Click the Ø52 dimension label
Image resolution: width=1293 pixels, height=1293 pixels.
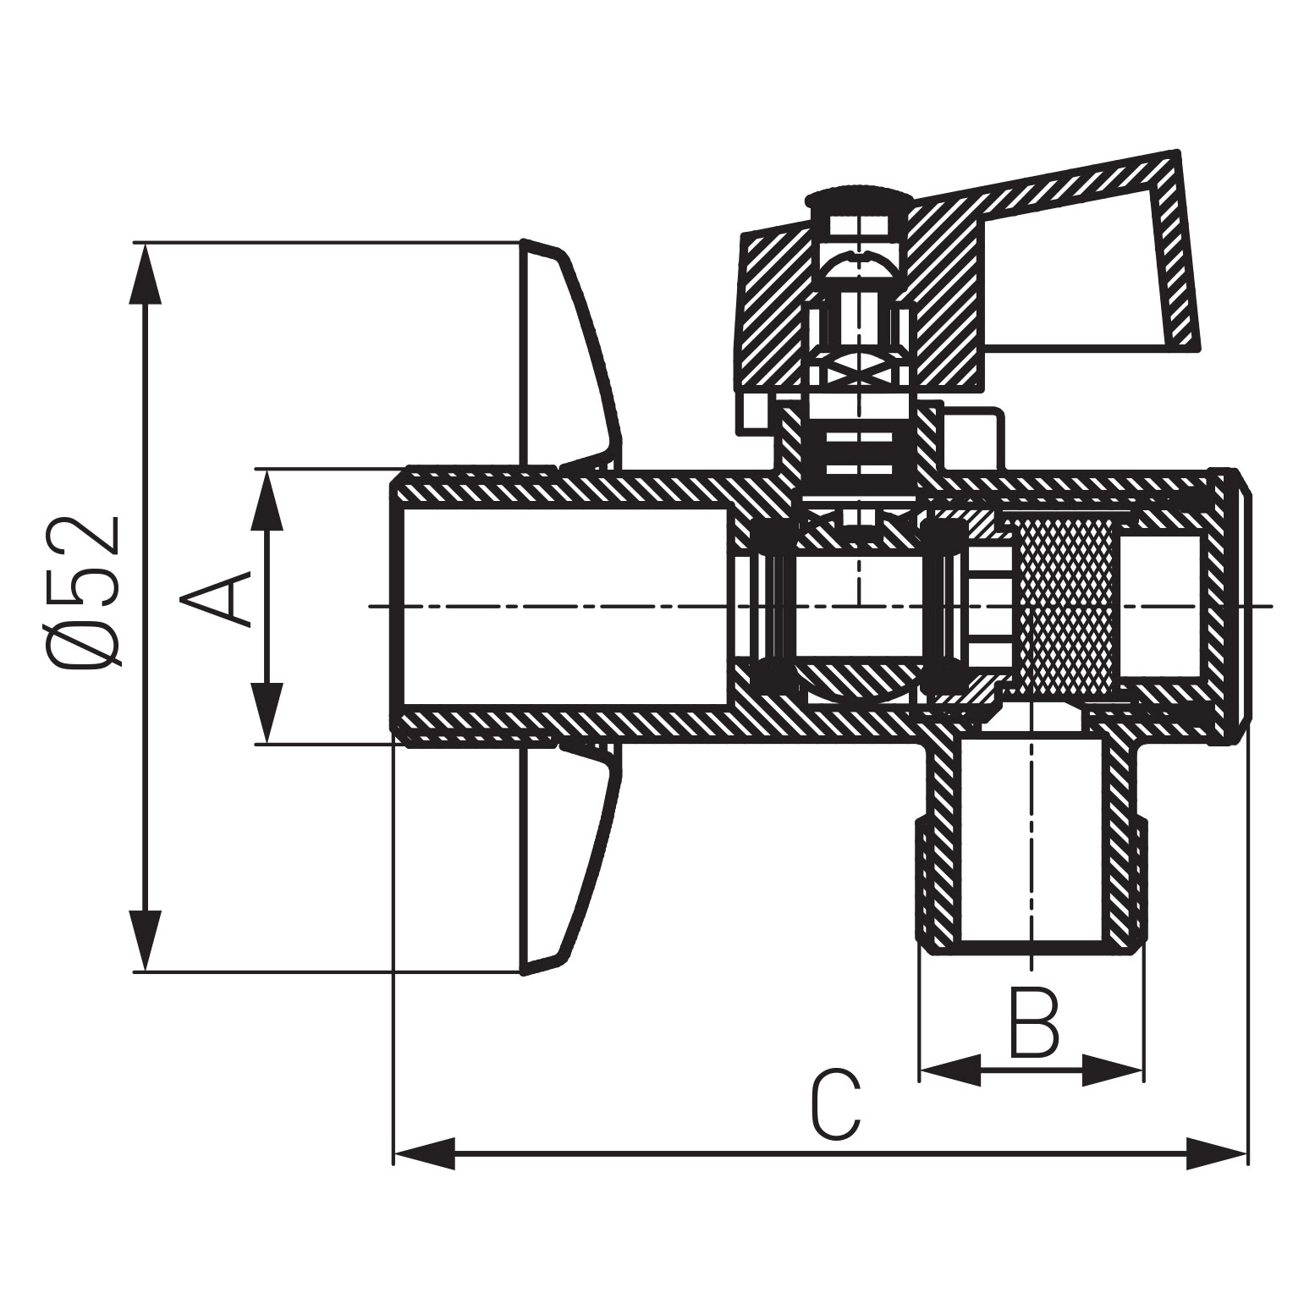pos(85,592)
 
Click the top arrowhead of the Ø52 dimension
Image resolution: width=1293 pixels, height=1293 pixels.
pos(146,271)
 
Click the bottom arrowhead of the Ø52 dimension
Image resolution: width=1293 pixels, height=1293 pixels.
pos(146,944)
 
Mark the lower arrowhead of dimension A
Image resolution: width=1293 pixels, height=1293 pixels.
pos(267,715)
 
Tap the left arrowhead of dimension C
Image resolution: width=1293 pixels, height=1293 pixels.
pos(423,1153)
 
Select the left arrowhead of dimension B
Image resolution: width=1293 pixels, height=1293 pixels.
pos(948,1070)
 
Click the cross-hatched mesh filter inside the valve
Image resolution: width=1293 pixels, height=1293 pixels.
pos(1068,605)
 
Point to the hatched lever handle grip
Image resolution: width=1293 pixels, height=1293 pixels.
pos(1092,254)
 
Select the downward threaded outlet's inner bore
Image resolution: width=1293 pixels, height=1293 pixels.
pos(1031,838)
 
